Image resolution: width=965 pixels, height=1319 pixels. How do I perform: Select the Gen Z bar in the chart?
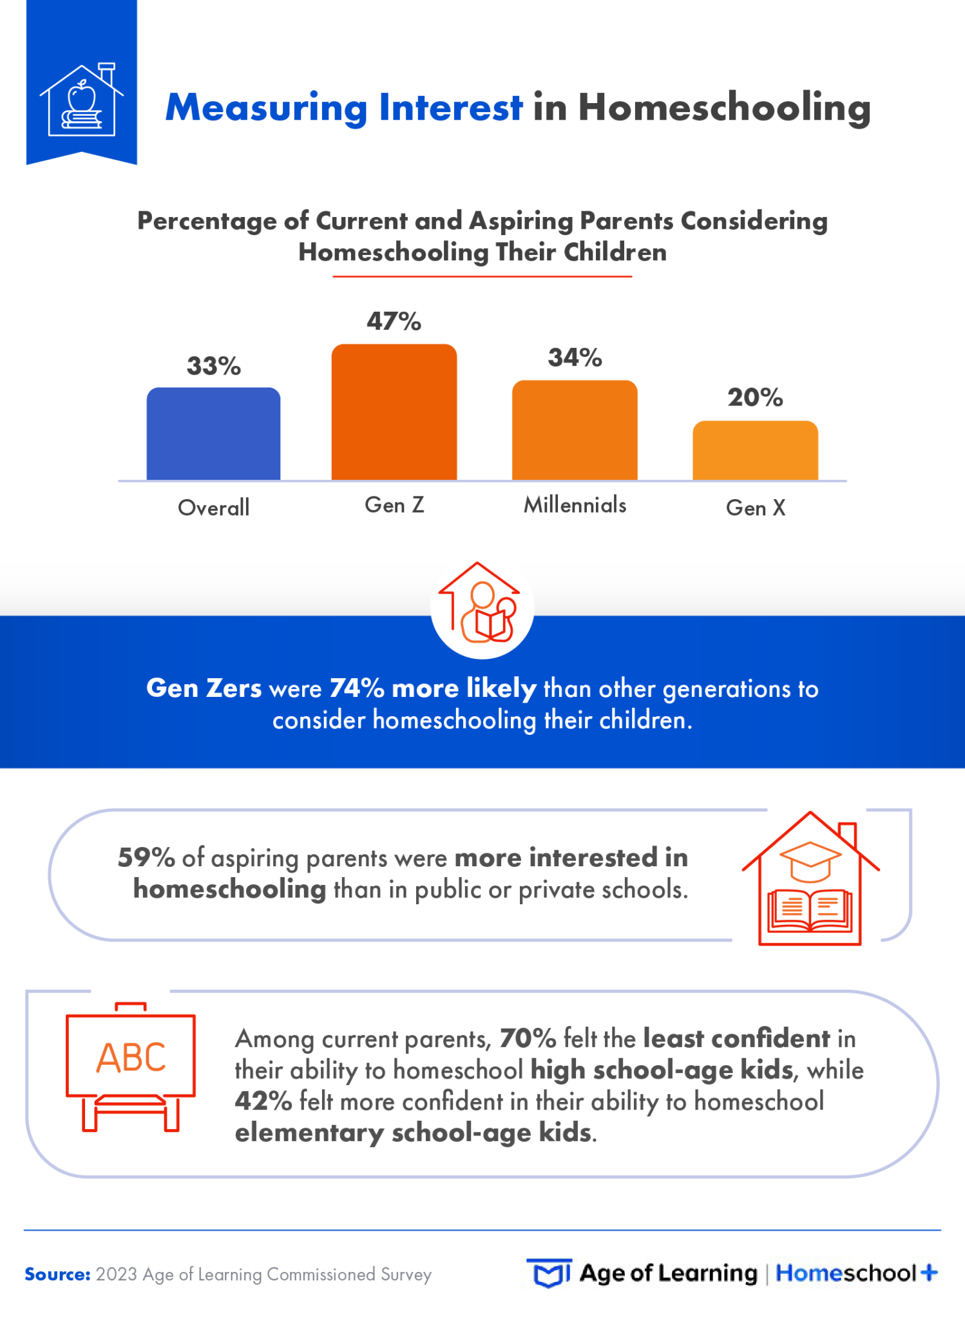[x=394, y=412]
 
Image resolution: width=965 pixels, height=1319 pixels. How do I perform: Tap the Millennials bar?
[x=575, y=430]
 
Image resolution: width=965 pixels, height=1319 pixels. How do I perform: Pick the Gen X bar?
[x=755, y=450]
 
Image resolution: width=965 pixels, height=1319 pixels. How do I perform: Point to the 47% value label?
[x=394, y=321]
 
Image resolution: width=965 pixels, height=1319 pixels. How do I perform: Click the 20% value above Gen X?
[x=755, y=397]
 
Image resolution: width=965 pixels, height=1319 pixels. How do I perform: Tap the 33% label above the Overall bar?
[x=213, y=366]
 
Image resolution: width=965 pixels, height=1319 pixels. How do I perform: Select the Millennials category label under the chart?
[x=575, y=505]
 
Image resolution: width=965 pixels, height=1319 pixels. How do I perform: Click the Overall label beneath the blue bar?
[x=213, y=508]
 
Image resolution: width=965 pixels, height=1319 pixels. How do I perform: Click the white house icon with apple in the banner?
[x=82, y=100]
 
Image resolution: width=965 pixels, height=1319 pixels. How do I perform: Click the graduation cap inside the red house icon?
[x=810, y=860]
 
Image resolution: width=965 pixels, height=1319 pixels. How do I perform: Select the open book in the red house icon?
[x=810, y=909]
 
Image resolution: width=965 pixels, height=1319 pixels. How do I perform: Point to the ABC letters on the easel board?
[x=131, y=1058]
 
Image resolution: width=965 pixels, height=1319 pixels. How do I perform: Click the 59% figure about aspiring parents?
[x=146, y=857]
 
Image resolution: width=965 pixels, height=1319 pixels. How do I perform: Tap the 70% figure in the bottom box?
[x=528, y=1038]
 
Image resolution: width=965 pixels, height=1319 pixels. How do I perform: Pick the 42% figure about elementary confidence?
[x=263, y=1101]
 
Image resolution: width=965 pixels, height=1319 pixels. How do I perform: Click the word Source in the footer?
[x=57, y=1274]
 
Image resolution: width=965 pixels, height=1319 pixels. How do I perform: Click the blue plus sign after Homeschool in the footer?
[x=928, y=1273]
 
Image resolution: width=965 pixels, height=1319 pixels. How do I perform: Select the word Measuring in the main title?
[x=267, y=107]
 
